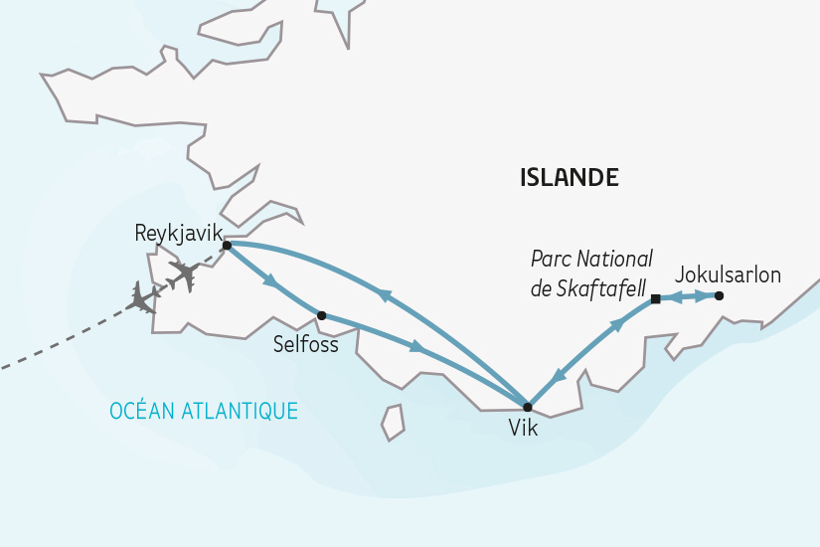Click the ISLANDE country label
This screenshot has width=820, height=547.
(570, 178)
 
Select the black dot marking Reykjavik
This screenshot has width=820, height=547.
(227, 245)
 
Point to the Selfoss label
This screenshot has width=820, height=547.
(305, 345)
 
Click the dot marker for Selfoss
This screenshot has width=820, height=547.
(321, 315)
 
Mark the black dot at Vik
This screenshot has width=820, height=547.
(527, 407)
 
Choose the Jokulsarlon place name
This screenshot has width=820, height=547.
(728, 274)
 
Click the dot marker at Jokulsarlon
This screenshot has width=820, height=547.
(719, 295)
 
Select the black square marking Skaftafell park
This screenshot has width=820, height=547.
(655, 299)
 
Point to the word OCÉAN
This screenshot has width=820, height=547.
(143, 411)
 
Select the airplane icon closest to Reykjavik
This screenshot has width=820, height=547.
(184, 273)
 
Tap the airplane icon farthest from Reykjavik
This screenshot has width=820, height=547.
(142, 297)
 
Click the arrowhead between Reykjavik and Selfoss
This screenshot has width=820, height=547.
(269, 282)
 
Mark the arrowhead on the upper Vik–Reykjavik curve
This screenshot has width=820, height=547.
(384, 294)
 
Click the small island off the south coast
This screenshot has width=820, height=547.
(394, 422)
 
